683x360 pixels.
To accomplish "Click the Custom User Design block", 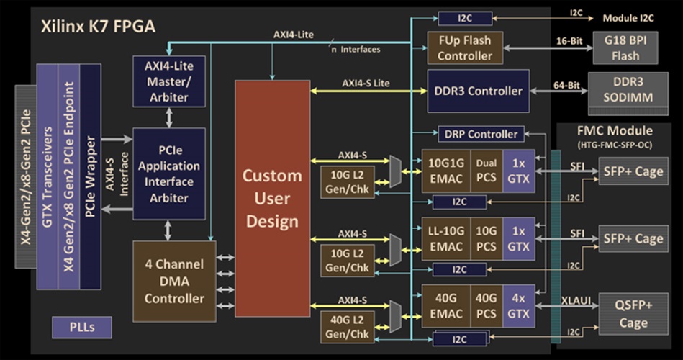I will pyautogui.click(x=272, y=198).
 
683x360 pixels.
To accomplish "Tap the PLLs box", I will pyautogui.click(x=82, y=328).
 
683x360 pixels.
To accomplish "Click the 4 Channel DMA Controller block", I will pyautogui.click(x=175, y=282).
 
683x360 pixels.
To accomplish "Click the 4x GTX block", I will pyautogui.click(x=518, y=305).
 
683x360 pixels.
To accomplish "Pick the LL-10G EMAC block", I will pyautogui.click(x=444, y=238).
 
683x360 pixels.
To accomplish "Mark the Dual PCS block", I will pyautogui.click(x=486, y=171).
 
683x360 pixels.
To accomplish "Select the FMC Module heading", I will pyautogui.click(x=615, y=131).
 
